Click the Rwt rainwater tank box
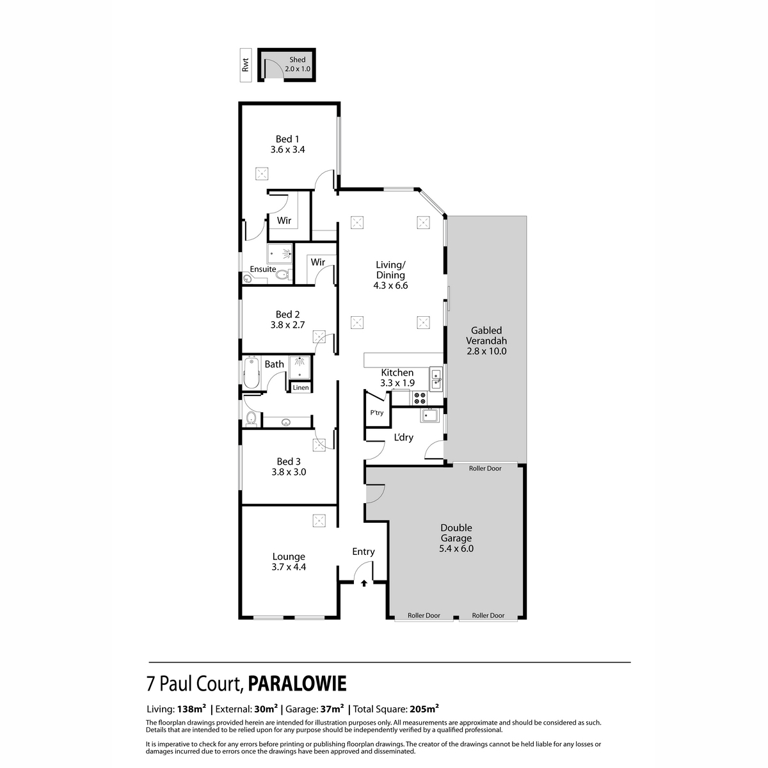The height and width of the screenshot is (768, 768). pos(245,65)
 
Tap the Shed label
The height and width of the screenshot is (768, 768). pos(298,60)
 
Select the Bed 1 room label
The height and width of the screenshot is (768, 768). pos(287,139)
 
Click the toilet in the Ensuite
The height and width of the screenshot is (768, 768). pos(282,275)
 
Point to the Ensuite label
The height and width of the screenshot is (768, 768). pos(262,269)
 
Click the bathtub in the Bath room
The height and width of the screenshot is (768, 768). pos(252,374)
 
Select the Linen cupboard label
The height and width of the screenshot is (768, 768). pos(301,388)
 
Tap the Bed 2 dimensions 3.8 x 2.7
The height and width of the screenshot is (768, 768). pos(287,325)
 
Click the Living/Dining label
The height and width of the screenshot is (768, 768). pos(390,270)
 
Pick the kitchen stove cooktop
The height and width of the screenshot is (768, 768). pos(420,398)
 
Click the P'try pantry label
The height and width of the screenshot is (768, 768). pos(377,413)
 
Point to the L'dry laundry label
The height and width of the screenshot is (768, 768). pos(403,438)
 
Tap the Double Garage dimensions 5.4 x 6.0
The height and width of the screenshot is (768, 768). pos(456,548)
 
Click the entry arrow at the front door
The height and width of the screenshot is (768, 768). pos(364,583)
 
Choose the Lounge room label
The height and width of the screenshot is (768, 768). pos(289,557)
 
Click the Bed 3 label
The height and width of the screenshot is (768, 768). pos(289,461)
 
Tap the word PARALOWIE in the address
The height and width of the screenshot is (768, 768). pos(297,684)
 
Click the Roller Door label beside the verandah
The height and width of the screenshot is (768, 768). pos(485,468)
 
